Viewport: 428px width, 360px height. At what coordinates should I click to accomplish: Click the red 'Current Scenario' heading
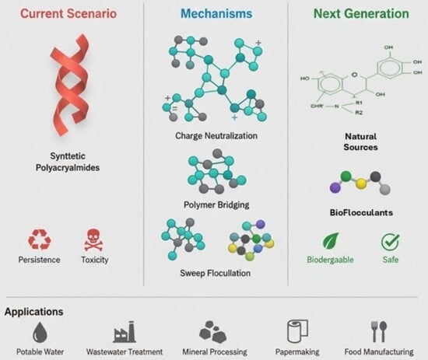(68, 14)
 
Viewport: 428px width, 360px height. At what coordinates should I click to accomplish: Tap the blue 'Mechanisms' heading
(216, 14)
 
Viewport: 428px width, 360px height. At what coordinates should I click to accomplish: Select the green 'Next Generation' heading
(361, 14)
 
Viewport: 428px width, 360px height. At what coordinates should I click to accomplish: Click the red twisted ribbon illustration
(70, 85)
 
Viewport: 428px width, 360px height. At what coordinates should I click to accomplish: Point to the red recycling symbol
(40, 239)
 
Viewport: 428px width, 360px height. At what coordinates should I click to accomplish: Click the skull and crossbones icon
(93, 239)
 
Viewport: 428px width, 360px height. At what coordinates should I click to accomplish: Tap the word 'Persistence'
(40, 260)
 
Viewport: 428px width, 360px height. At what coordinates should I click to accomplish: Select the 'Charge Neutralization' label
(216, 135)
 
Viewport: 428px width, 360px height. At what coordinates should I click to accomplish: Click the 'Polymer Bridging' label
(216, 204)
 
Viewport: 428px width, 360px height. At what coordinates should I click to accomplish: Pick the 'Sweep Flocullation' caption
(216, 273)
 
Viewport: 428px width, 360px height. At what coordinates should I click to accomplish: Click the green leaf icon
(331, 241)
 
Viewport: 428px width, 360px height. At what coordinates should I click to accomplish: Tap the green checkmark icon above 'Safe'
(391, 242)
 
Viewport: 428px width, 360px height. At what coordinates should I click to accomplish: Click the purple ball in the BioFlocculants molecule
(335, 187)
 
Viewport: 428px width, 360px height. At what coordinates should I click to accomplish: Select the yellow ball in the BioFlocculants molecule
(360, 183)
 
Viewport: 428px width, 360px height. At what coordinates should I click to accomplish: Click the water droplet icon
(40, 332)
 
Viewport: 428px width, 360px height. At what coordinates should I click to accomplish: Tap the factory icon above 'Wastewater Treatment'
(125, 332)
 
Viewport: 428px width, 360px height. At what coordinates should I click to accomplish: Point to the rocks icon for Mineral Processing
(213, 332)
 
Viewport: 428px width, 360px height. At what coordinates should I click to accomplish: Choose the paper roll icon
(297, 331)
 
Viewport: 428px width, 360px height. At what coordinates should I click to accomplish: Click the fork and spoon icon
(379, 332)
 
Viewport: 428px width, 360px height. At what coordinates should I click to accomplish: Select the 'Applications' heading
(33, 312)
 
